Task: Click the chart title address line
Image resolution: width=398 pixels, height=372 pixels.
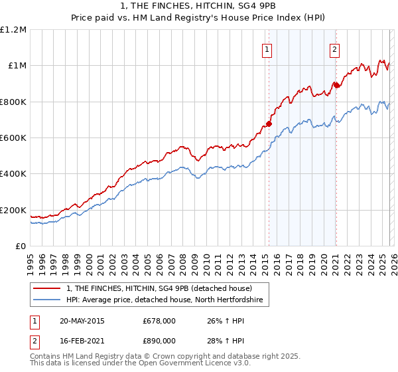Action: [198, 6]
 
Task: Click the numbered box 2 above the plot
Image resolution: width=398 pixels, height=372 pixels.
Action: [335, 48]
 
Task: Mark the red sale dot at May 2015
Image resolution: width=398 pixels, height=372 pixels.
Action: [269, 124]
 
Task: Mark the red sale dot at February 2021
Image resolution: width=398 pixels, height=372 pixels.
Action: [336, 85]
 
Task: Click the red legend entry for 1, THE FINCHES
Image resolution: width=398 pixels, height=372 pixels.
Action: [159, 288]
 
